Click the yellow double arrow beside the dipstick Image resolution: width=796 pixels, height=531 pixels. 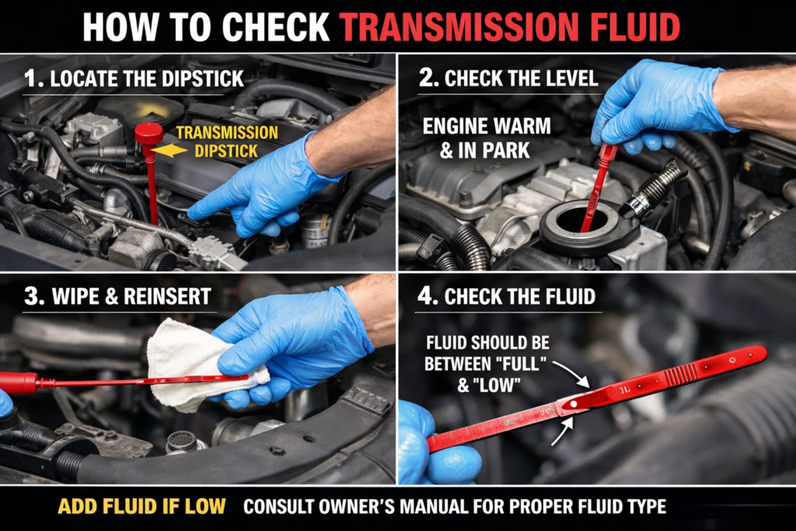(170, 150)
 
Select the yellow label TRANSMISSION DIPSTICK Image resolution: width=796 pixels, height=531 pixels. (226, 141)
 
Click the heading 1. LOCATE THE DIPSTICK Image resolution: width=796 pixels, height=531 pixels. (134, 78)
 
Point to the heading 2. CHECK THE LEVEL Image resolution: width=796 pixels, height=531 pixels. (510, 78)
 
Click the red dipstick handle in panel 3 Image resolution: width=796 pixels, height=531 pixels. (19, 383)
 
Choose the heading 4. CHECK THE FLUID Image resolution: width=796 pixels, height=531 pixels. (510, 296)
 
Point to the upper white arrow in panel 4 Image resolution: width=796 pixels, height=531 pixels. (575, 377)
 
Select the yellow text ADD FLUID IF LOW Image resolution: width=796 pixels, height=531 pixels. (141, 507)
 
